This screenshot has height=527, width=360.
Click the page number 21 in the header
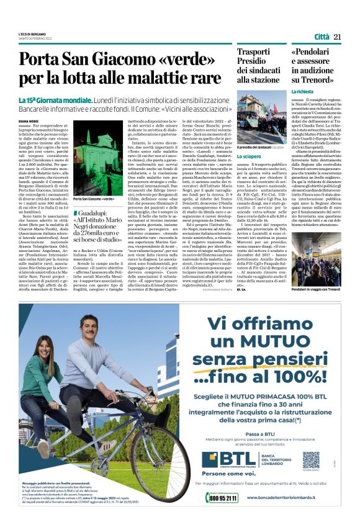point(338,37)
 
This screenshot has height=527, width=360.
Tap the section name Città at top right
point(322,37)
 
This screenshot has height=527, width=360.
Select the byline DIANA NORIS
point(30,122)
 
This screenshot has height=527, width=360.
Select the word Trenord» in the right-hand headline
point(319,79)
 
